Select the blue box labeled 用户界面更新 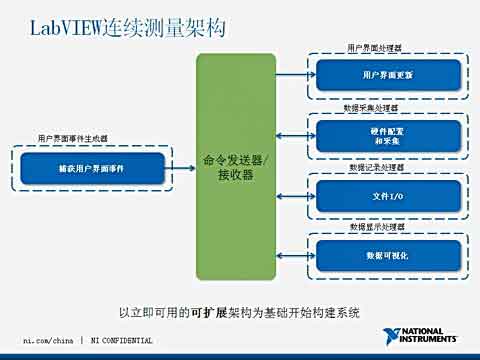tap(389, 75)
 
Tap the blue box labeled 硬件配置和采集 tap(389, 135)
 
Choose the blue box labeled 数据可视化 tap(389, 255)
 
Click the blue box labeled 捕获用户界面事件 tap(91, 169)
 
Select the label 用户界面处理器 tap(374, 48)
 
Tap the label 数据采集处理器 tap(374, 107)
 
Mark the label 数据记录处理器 tap(374, 168)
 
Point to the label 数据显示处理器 tap(374, 228)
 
